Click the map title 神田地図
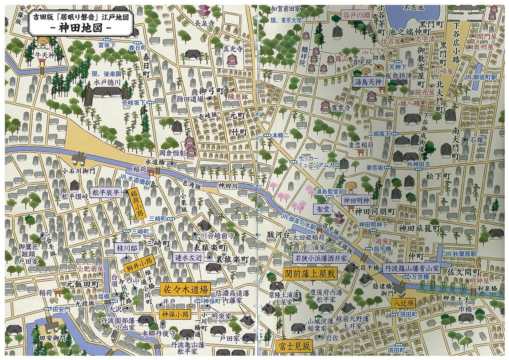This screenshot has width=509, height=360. (81, 29)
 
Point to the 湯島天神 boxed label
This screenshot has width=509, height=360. (368, 82)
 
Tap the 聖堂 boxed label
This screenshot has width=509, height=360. (323, 209)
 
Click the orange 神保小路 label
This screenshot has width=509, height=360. (175, 314)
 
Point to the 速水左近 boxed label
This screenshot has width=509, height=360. (189, 257)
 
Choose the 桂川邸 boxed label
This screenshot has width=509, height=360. (126, 249)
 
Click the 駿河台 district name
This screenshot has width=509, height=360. (278, 234)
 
